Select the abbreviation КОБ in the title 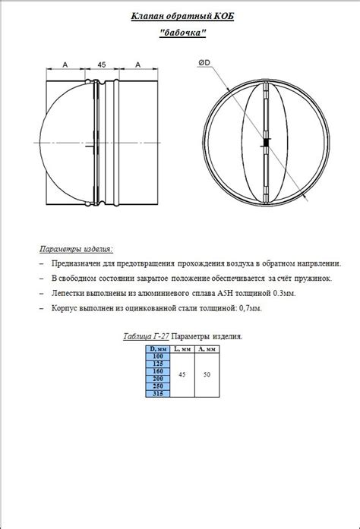click(x=218, y=16)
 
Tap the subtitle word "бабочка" click(x=182, y=34)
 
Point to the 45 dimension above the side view click(x=102, y=66)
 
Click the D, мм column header click(x=158, y=349)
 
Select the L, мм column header click(x=182, y=349)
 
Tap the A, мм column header click(x=206, y=349)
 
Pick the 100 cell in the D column click(x=158, y=356)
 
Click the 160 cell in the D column click(x=158, y=370)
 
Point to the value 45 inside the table click(x=182, y=374)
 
